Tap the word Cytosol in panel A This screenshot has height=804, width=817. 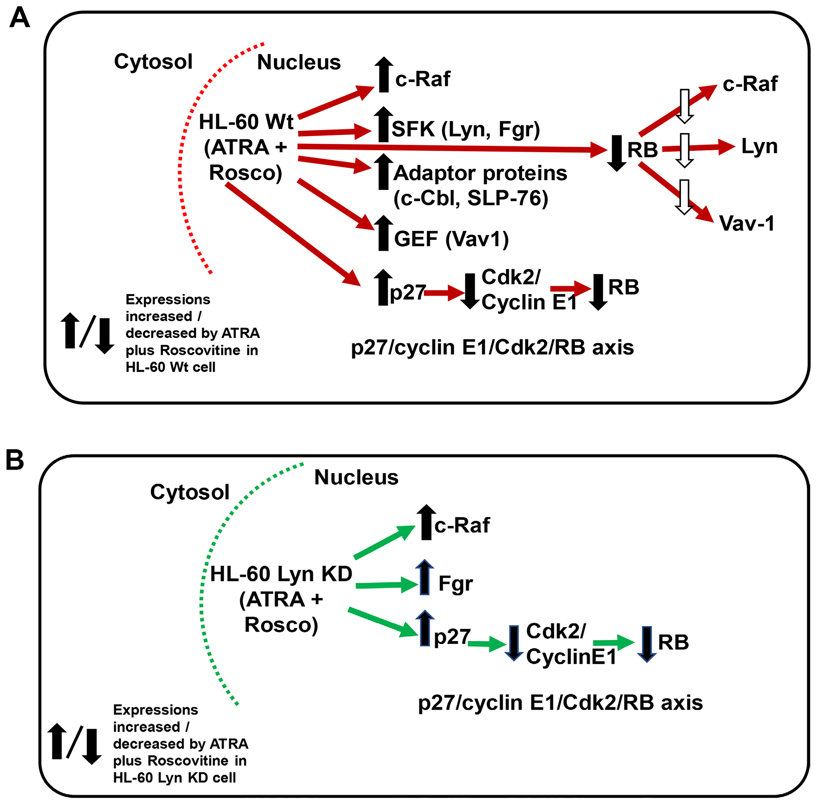coord(153,62)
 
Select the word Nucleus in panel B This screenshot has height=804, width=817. coord(356,478)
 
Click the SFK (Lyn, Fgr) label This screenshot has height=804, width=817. coord(465,129)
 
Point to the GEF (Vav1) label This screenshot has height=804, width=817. coord(451,239)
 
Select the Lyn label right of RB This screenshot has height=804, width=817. coord(759,147)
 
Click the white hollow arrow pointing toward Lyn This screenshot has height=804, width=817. coord(684,150)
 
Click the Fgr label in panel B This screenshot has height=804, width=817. coord(455,584)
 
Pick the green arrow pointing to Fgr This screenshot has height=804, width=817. coord(386,585)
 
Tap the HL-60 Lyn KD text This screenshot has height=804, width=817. coord(281,574)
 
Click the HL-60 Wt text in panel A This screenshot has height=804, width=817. coord(246,123)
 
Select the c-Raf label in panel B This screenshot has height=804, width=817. coord(462,525)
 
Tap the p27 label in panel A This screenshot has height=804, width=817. coord(407,292)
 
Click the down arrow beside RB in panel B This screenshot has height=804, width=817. coord(646,644)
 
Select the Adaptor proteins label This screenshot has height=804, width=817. coord(480,173)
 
